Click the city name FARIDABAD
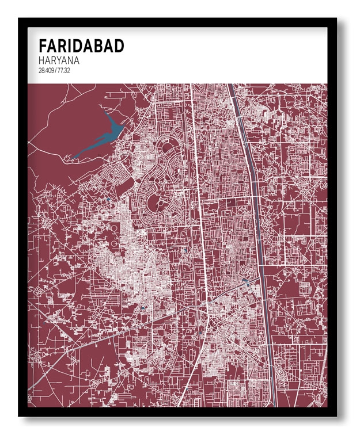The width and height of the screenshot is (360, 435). point(81,46)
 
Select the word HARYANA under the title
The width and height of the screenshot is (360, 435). point(60,60)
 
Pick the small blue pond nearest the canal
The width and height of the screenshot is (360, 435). point(246,281)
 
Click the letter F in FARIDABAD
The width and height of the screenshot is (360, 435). point(43,46)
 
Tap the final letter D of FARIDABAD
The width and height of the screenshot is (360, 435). point(119,46)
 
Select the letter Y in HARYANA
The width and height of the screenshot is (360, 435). point(60,60)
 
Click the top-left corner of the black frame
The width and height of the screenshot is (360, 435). point(19,18)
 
